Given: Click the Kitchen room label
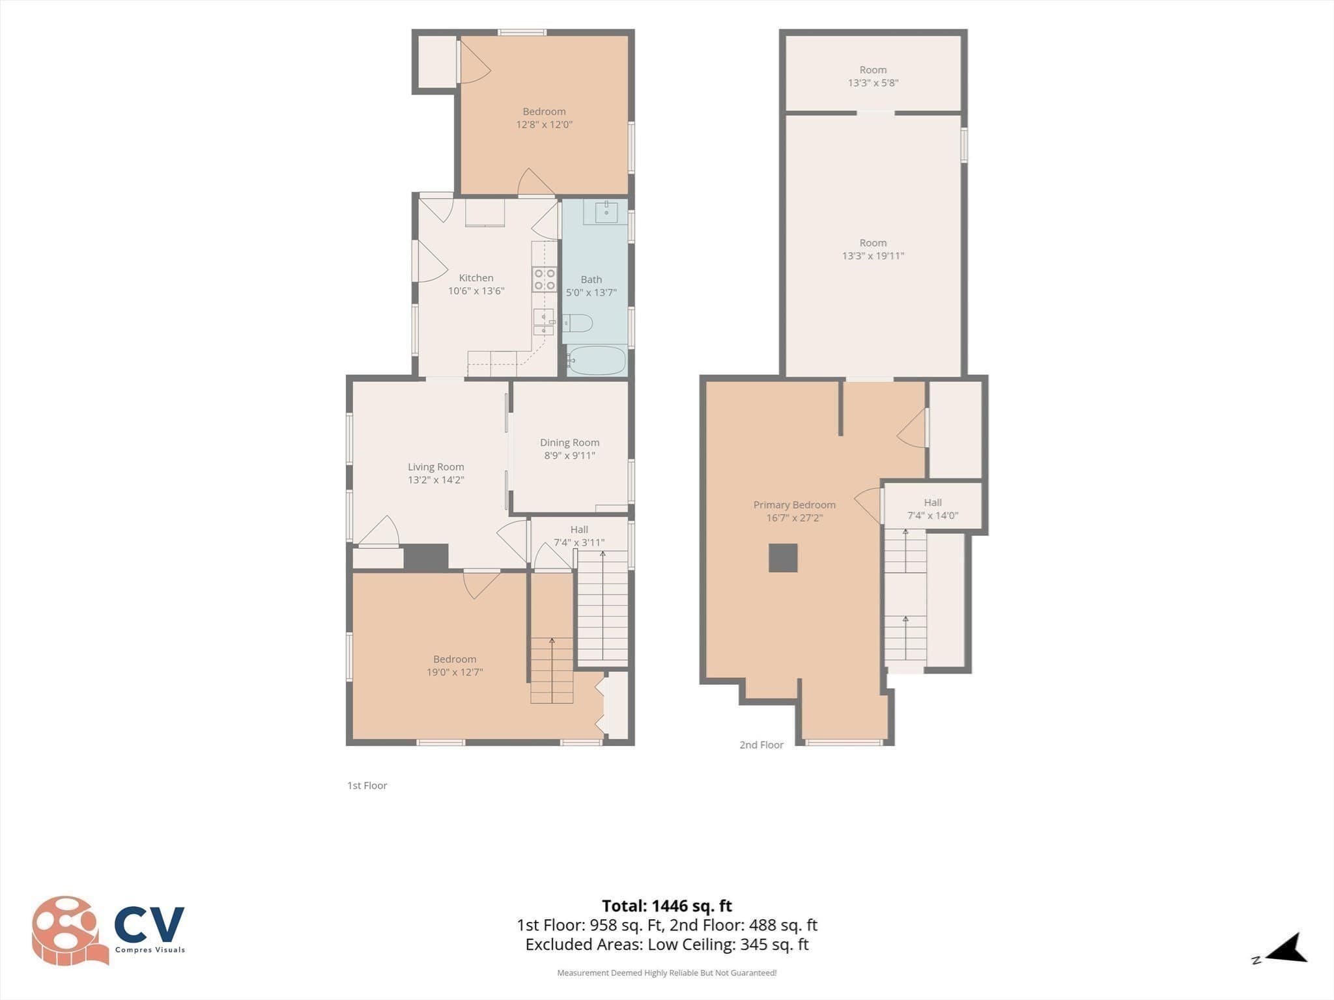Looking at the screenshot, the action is click(x=476, y=278).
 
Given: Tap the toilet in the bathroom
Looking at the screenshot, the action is click(x=577, y=323).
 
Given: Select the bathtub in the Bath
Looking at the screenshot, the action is click(x=596, y=360).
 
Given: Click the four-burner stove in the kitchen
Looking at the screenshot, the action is click(x=545, y=279).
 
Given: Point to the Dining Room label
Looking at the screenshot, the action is click(x=569, y=443).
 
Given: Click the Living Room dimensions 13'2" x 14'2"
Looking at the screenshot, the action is click(x=436, y=480).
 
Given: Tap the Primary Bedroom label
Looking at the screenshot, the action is click(x=794, y=505).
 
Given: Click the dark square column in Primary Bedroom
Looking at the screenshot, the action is click(x=783, y=558).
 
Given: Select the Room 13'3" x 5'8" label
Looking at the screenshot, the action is click(x=873, y=76).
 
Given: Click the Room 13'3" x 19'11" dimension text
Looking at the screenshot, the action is click(x=873, y=256).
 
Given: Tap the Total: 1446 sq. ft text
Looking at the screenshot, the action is click(x=667, y=906).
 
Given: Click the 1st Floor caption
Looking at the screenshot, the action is click(x=367, y=786).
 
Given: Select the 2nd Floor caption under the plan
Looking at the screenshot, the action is click(x=761, y=745).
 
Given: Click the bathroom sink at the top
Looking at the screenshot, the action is click(x=605, y=212).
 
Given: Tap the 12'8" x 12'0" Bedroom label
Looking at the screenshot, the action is click(x=544, y=118).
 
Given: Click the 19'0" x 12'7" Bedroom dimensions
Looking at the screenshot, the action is click(x=455, y=673).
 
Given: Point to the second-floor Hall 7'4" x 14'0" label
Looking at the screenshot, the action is click(x=933, y=509).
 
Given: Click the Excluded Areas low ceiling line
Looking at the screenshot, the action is click(x=667, y=945).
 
